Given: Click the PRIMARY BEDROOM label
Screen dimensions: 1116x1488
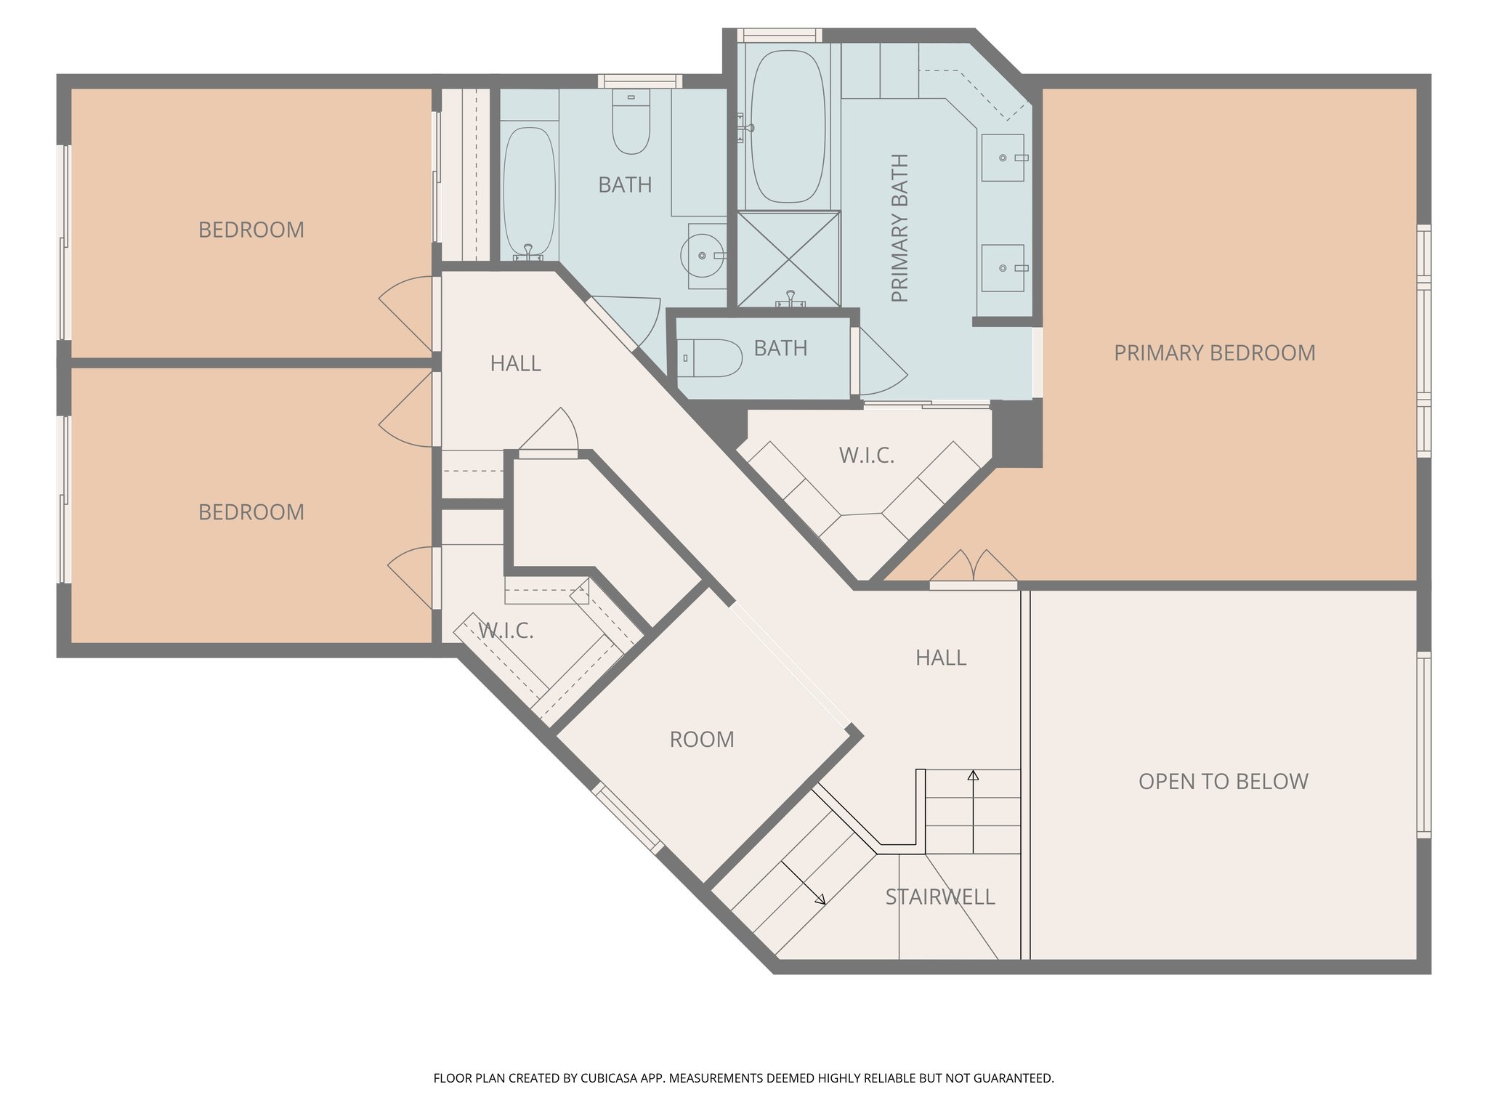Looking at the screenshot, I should (1214, 353).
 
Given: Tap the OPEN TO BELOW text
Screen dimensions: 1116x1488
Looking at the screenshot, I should (1223, 782).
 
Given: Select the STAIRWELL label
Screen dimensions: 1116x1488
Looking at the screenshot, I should (939, 897).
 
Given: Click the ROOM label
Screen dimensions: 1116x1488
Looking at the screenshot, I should (701, 740).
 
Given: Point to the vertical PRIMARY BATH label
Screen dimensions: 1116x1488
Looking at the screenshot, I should (899, 228).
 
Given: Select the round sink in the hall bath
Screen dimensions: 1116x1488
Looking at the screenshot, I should (703, 256).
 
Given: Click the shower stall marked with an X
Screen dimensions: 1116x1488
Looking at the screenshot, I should (788, 259).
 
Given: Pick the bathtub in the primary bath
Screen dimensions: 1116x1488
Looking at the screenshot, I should (788, 126).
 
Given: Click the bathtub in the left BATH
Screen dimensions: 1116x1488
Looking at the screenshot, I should (529, 190).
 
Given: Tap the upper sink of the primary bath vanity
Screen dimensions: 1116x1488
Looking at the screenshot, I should (1003, 158).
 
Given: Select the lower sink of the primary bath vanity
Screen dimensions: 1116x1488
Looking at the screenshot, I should (1003, 268).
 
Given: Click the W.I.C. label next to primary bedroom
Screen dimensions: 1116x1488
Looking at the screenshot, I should (866, 456).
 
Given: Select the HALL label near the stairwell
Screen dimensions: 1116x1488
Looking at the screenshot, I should (940, 658).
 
